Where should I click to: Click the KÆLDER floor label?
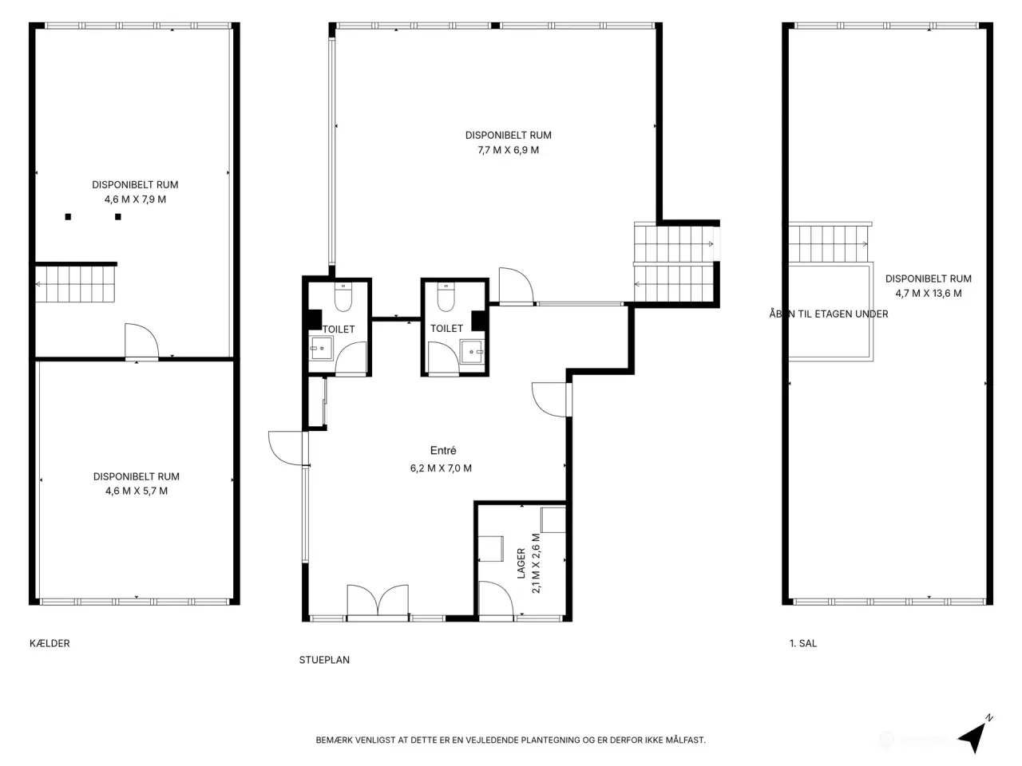point(50,643)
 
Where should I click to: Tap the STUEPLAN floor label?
point(324,660)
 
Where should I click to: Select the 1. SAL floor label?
point(803,643)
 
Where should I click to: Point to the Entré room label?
point(443,450)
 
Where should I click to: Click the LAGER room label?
point(521,563)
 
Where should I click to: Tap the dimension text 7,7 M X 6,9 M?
point(509,150)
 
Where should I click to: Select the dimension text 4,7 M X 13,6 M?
point(929,293)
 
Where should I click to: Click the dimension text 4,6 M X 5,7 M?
point(137,491)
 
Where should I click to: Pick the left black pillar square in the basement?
point(68,217)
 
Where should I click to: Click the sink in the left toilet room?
point(321,348)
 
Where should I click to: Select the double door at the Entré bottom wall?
point(378,600)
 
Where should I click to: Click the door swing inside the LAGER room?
point(496,598)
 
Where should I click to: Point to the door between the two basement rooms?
point(141,342)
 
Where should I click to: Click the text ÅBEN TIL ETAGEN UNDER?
point(829,314)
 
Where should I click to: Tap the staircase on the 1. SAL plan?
point(829,243)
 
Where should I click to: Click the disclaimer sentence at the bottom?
point(511,740)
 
